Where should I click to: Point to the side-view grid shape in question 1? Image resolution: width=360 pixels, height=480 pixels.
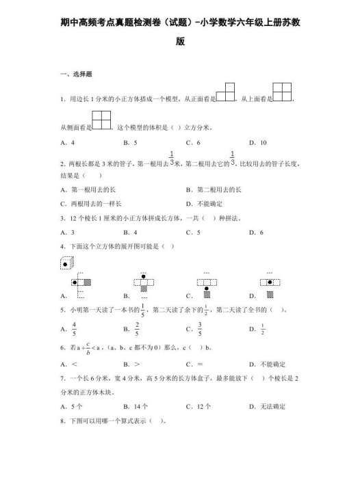pyautogui.click(x=101, y=120)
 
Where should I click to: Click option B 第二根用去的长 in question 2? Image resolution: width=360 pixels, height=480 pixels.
pyautogui.click(x=214, y=189)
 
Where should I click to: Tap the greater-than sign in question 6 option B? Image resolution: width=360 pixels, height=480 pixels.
pyautogui.click(x=138, y=363)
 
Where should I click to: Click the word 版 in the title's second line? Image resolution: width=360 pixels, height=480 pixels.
pyautogui.click(x=180, y=42)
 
